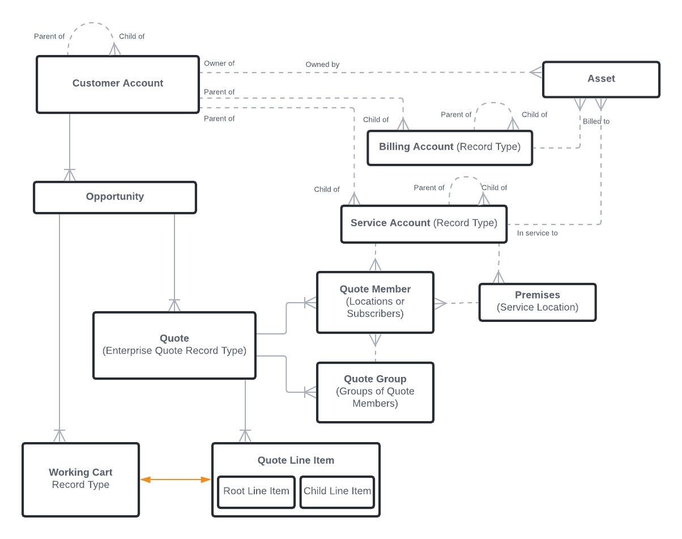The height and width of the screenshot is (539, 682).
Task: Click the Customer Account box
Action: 118,84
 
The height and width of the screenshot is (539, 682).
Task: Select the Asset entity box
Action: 601,79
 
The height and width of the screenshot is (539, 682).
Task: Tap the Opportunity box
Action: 115,197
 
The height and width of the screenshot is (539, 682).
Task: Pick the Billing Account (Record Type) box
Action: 450,147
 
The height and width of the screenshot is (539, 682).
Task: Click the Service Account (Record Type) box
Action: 424,223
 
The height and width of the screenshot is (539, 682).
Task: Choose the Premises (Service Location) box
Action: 537,302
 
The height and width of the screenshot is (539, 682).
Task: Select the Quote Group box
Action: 375,392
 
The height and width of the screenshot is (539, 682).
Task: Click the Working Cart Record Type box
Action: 80,479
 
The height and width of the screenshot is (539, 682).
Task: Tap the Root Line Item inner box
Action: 256,491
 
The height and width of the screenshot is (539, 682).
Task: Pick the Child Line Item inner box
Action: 337,491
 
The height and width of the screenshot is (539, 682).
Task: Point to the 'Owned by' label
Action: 322,65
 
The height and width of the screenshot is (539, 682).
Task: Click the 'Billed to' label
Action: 596,121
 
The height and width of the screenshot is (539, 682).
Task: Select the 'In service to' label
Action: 537,233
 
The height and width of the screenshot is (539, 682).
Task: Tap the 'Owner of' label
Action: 219,63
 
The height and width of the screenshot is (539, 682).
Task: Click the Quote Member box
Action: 375,302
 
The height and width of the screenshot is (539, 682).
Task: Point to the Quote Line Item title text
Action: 296,460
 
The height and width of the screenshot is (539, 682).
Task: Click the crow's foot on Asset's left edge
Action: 536,72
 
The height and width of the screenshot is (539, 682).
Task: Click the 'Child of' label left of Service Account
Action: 327,189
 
